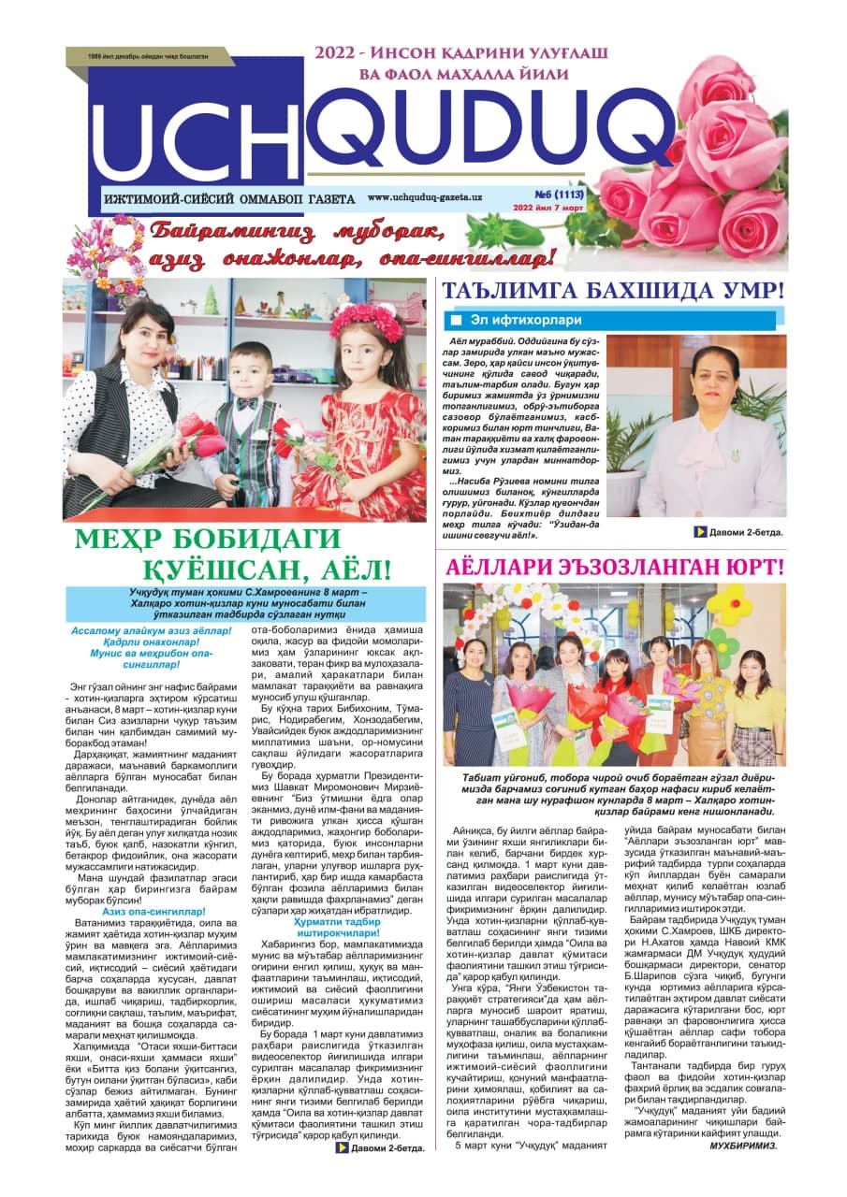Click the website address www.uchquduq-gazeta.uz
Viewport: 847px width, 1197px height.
click(x=424, y=198)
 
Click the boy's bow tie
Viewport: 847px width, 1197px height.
click(x=247, y=403)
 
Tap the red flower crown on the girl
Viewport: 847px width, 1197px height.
click(x=365, y=323)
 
